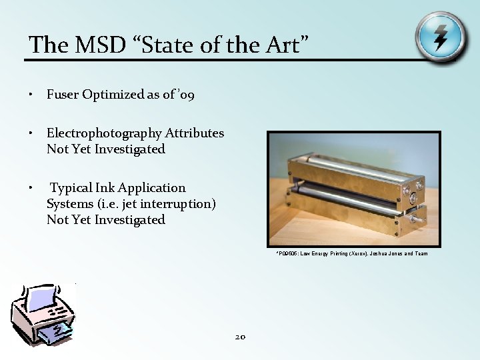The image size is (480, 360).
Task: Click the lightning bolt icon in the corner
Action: tap(439, 36)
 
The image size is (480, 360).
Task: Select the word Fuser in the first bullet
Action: tap(63, 95)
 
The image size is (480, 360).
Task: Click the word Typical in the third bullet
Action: tap(73, 188)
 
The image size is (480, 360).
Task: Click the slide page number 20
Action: tap(240, 337)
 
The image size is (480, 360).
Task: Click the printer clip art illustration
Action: tap(44, 313)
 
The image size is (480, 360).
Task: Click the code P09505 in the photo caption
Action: tap(287, 254)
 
